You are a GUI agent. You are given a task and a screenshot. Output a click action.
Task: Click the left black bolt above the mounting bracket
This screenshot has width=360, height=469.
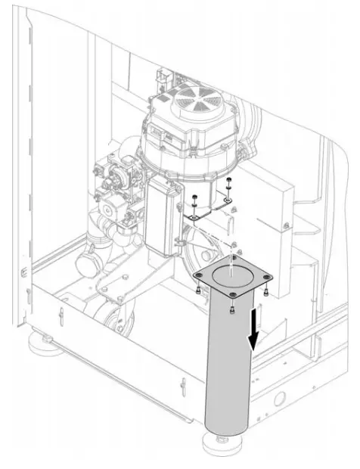(x=194, y=199)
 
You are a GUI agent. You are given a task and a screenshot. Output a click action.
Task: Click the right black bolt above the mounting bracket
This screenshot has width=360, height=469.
(x=230, y=181)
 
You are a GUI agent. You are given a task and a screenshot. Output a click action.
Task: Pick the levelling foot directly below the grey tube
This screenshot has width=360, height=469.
(x=222, y=443)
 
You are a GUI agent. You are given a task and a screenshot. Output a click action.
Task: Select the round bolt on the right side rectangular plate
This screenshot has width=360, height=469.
(x=284, y=225)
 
